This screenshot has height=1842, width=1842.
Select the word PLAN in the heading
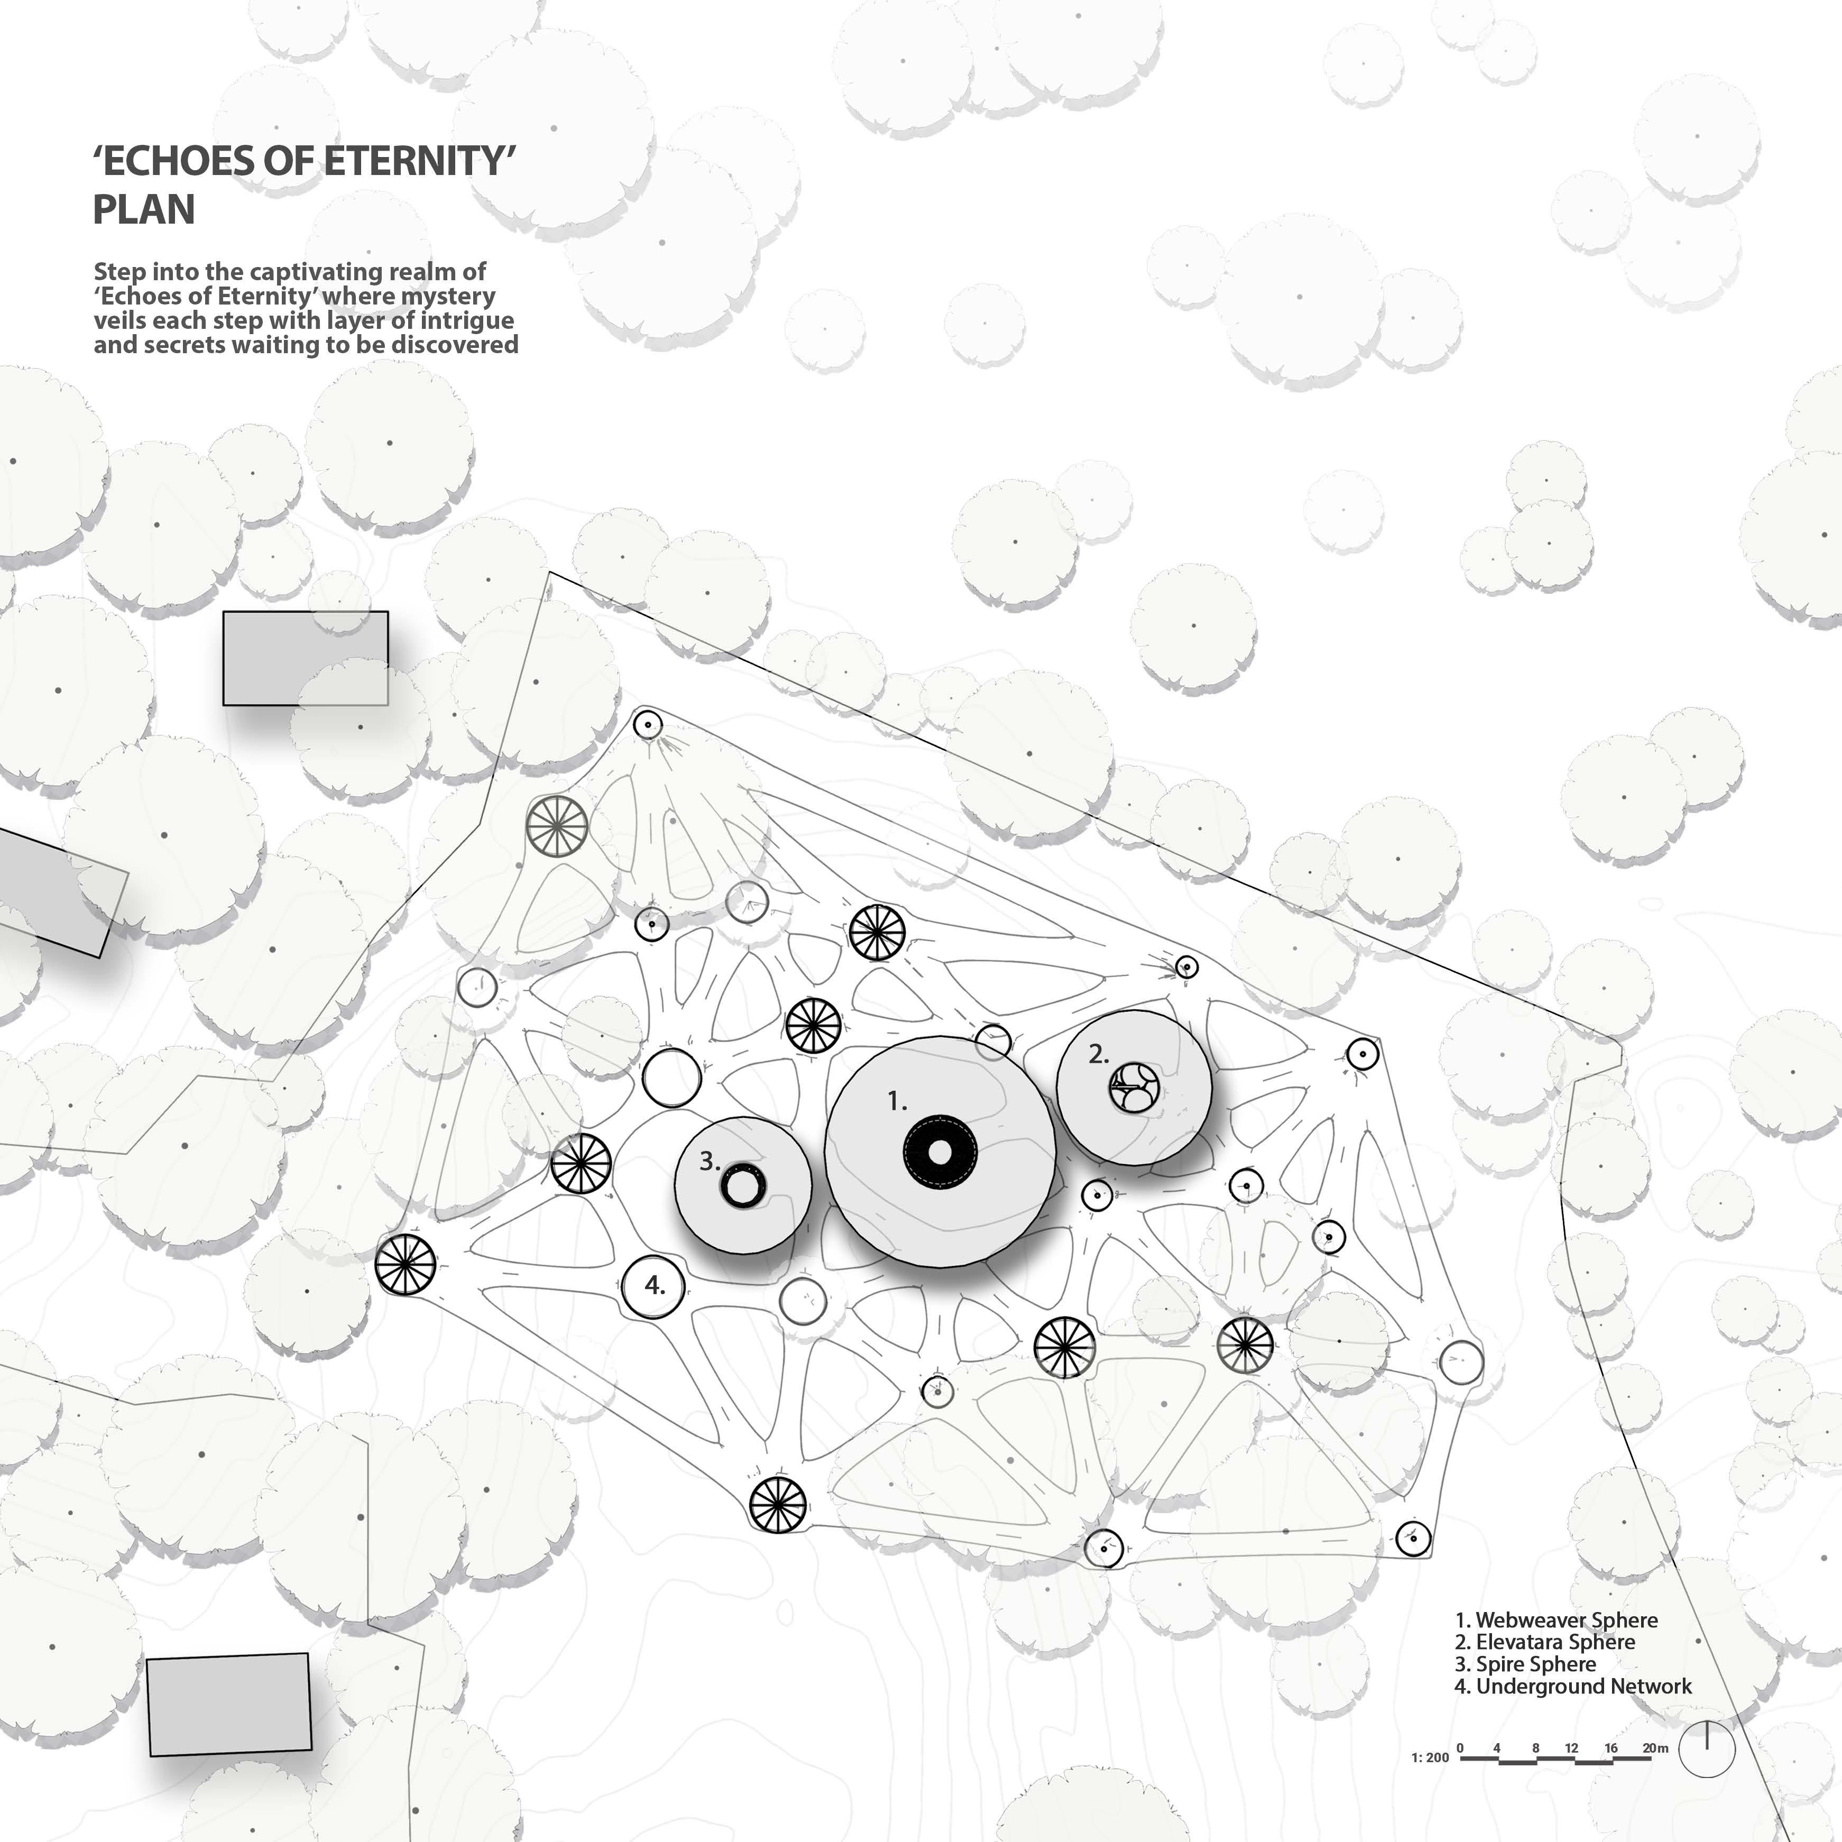[x=144, y=210]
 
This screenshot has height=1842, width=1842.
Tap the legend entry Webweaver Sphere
[x=1556, y=1620]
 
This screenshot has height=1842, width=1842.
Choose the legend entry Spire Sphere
[x=1525, y=1664]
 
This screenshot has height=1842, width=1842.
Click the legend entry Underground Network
[x=1573, y=1686]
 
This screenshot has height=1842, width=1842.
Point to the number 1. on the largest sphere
[x=896, y=1102]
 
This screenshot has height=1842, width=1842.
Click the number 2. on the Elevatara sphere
[x=1098, y=1054]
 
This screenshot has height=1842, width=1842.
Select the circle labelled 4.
[x=654, y=1285]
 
